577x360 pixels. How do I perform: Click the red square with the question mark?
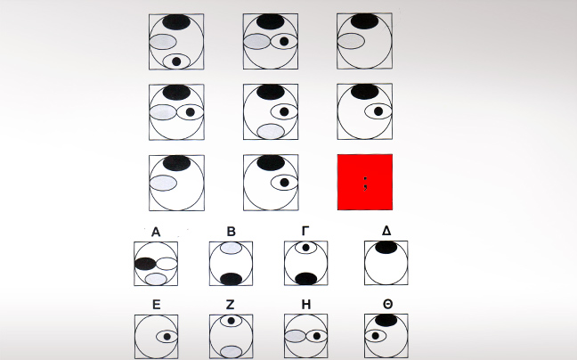[x=365, y=182]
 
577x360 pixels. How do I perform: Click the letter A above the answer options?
[x=156, y=232]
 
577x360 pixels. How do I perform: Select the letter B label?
[x=231, y=232]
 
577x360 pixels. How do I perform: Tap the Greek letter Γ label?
[x=305, y=231]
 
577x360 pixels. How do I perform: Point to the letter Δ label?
[x=386, y=231]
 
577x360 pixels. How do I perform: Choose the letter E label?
[x=156, y=305]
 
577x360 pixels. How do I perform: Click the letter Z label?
[x=230, y=305]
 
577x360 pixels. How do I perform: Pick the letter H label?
[x=305, y=305]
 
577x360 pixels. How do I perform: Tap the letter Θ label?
[x=388, y=305]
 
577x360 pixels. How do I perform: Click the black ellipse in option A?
[x=145, y=264]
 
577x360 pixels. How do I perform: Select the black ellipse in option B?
[x=232, y=279]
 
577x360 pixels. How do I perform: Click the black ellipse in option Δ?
[x=386, y=248]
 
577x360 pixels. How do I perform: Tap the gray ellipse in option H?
[x=296, y=336]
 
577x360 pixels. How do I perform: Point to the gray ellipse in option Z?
[x=232, y=351]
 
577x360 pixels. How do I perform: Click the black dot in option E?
[x=167, y=337]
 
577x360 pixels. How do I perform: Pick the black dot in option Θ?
[x=376, y=336]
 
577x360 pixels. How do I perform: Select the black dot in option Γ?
[x=305, y=248]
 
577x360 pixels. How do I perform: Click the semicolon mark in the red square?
[x=365, y=184]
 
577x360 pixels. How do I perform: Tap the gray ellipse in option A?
[x=156, y=279]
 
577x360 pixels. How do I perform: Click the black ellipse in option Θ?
[x=386, y=320]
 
